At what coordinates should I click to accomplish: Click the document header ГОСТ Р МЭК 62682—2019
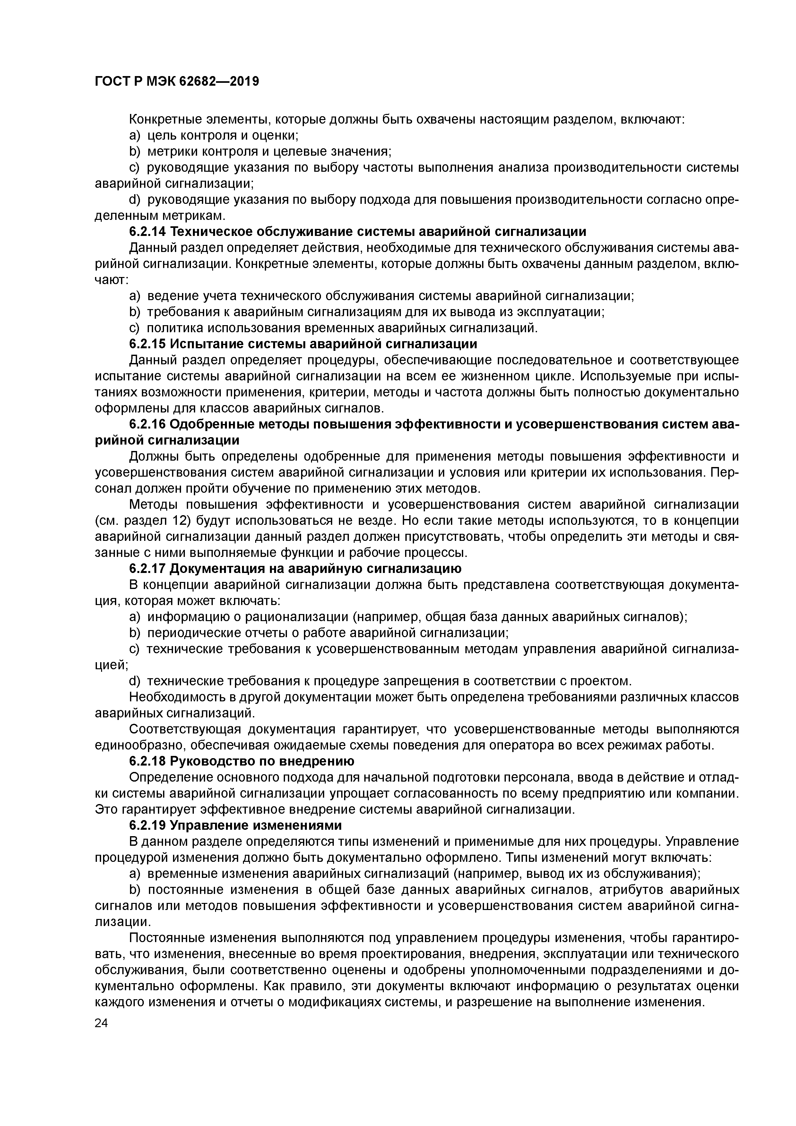[177, 82]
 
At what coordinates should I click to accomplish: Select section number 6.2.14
[147, 231]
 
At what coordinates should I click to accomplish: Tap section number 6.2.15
[147, 344]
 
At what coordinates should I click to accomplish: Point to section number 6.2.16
[147, 424]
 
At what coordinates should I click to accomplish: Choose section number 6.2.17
[147, 569]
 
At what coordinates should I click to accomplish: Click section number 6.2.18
[147, 762]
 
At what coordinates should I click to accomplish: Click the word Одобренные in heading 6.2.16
[213, 424]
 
